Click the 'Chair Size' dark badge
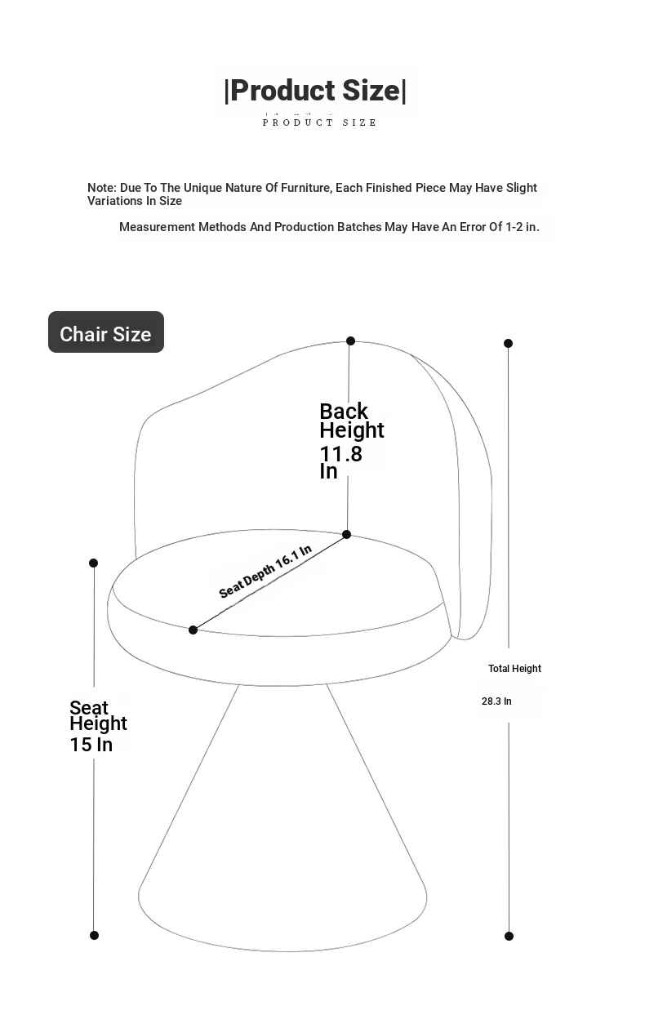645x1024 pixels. (106, 332)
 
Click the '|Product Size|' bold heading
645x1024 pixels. (315, 90)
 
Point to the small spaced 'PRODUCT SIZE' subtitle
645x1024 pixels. (319, 122)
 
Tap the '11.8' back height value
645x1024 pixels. (340, 454)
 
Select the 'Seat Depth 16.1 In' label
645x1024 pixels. (265, 572)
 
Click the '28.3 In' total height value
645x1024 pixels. (496, 701)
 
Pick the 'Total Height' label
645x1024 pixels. (514, 669)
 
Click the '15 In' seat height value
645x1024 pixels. (91, 745)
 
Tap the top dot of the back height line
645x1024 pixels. (350, 341)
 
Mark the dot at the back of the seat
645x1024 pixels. (346, 534)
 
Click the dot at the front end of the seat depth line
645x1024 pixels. (193, 630)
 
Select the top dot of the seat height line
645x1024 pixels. (93, 563)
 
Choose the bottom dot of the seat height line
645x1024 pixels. (94, 935)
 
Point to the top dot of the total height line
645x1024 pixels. (508, 343)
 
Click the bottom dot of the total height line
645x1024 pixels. (509, 936)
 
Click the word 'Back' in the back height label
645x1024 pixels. (344, 412)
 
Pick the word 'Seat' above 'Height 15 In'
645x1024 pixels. (88, 708)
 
